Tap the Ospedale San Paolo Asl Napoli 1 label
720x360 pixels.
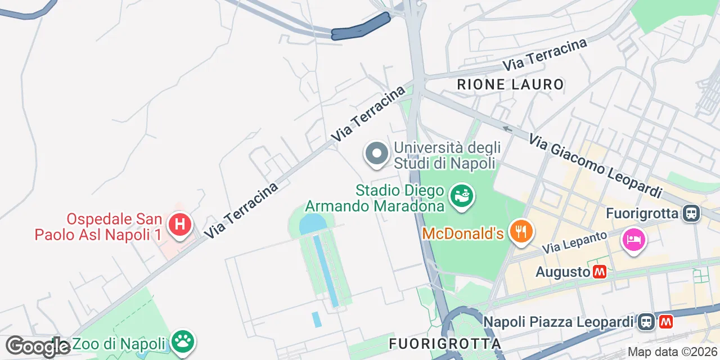coord(98,227)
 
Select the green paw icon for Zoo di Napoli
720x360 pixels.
coord(183,341)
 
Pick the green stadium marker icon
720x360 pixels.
coord(462,196)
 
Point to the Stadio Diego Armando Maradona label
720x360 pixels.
coord(375,199)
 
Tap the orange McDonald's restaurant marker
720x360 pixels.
coord(521,231)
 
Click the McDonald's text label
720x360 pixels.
coord(462,233)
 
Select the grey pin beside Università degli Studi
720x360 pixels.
coord(376,154)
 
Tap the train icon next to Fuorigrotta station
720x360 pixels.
coord(691,213)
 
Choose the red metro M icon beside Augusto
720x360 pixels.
coord(600,272)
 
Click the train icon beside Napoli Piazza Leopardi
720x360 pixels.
coord(645,322)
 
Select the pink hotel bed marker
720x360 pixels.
coord(633,240)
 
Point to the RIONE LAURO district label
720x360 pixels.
coord(510,85)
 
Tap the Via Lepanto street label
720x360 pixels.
coord(575,242)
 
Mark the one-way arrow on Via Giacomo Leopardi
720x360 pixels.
coord(507,129)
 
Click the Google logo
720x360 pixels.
coord(38,346)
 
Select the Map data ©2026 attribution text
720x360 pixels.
coord(672,352)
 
